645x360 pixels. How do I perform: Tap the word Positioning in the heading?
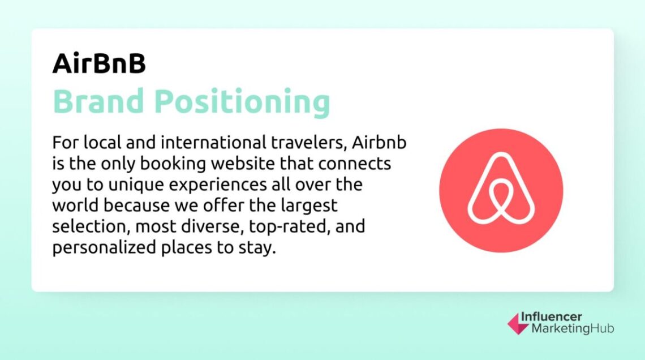242,103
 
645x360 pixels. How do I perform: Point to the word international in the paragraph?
226,144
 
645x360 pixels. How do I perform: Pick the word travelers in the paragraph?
312,144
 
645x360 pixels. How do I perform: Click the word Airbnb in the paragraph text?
379,144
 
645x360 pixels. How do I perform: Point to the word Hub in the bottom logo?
601,328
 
